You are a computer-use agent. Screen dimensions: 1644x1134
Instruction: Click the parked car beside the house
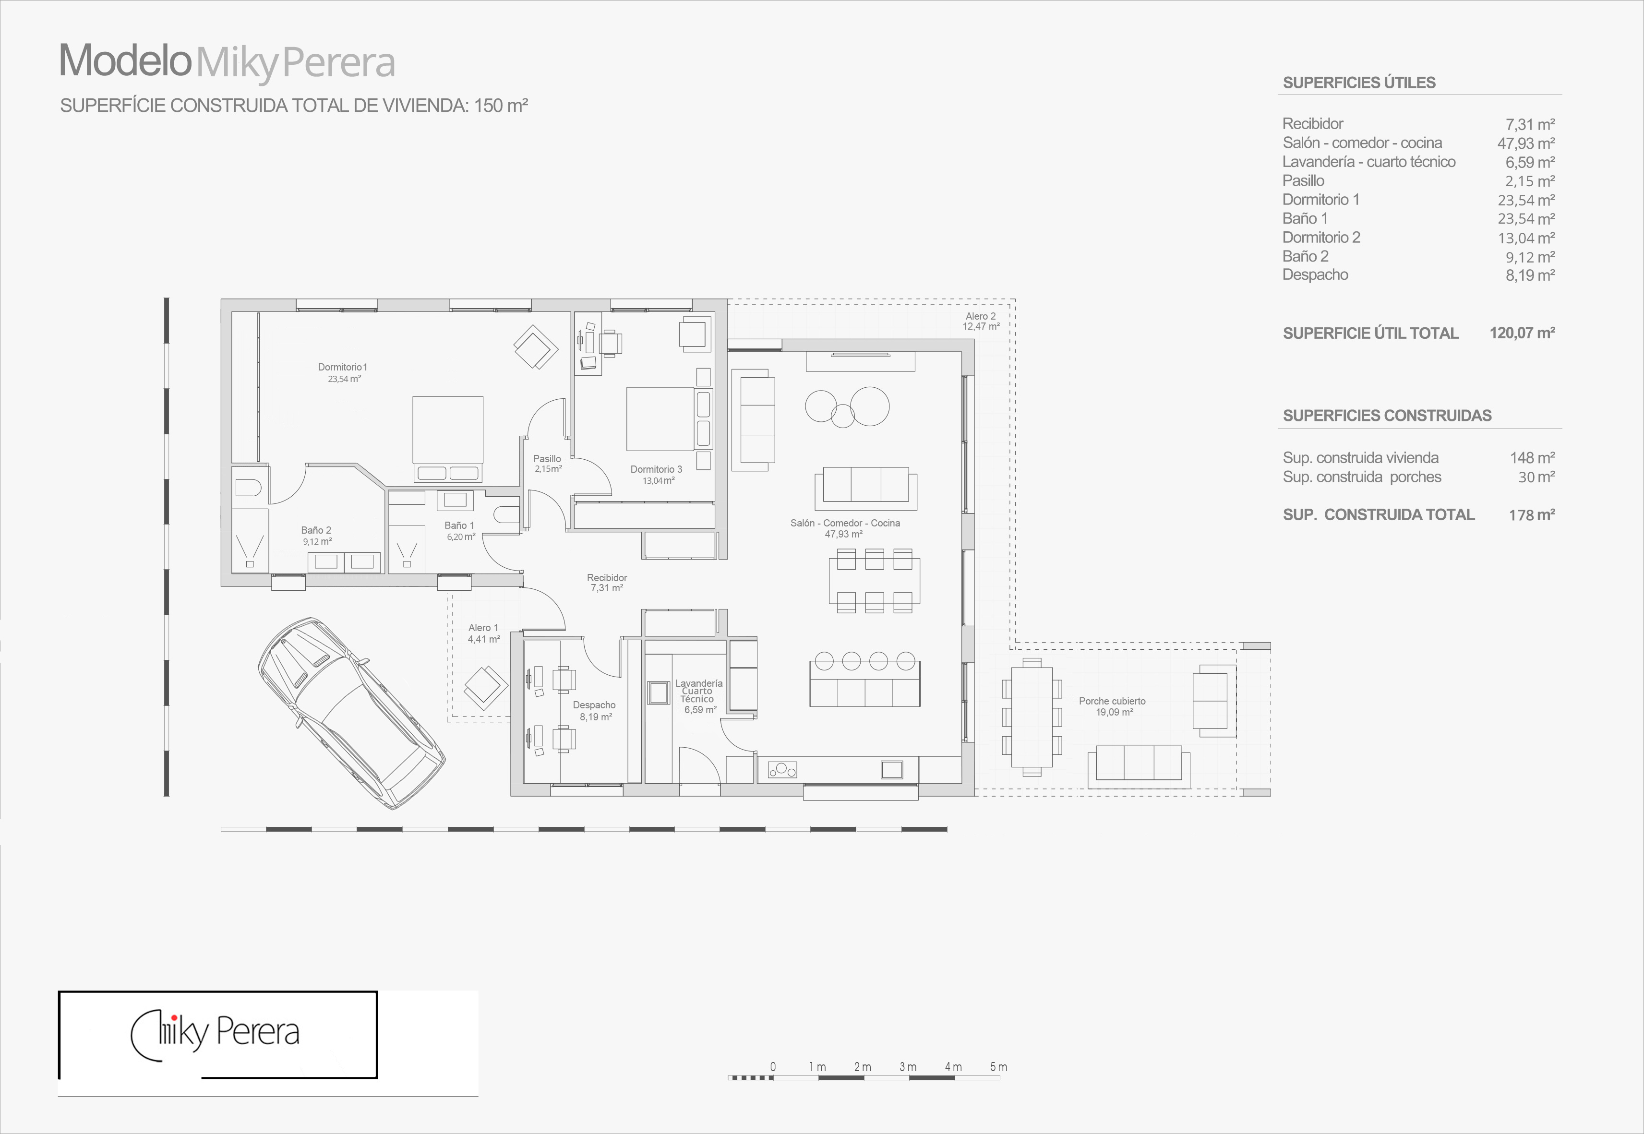(351, 713)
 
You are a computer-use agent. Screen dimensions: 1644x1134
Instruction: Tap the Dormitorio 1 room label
(342, 367)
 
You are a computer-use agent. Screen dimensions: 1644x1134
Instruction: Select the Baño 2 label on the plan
(316, 530)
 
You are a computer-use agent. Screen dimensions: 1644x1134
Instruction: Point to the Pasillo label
(547, 459)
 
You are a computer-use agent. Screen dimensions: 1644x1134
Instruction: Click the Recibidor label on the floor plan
(607, 578)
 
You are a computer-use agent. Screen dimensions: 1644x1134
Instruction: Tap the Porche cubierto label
(1112, 701)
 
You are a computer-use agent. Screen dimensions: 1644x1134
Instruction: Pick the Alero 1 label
(483, 627)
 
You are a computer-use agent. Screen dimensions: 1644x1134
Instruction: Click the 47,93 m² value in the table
(1526, 143)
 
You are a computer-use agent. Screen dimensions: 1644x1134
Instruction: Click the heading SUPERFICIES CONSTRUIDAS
(1387, 416)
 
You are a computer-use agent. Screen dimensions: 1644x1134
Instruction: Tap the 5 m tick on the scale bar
(998, 1067)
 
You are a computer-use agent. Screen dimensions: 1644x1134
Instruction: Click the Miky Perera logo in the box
(215, 1034)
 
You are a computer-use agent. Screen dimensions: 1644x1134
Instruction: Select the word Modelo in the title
(126, 60)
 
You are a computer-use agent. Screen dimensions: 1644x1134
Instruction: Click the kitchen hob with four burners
(782, 769)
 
